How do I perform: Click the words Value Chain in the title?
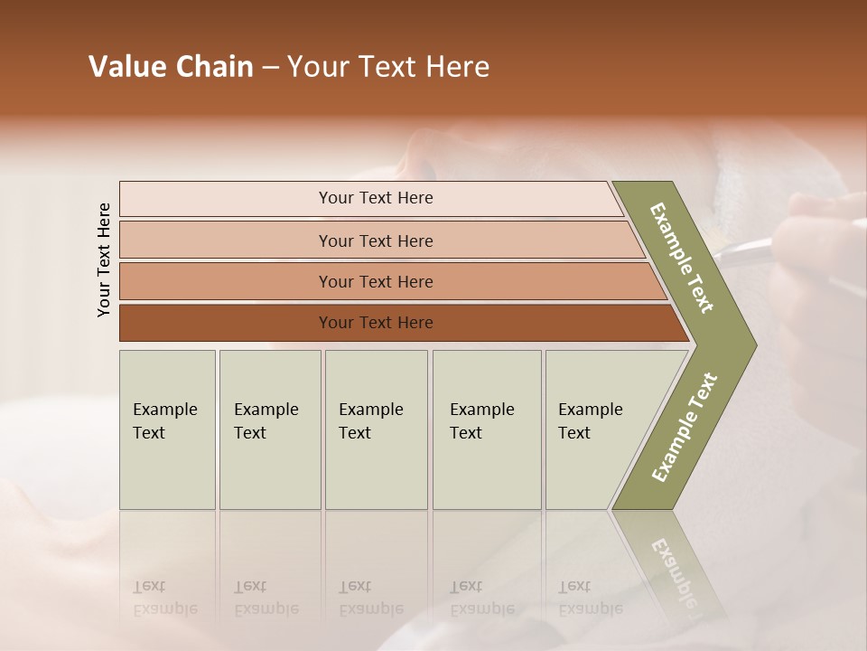[171, 67]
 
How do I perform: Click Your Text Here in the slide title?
[388, 67]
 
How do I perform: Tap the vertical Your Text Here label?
[104, 259]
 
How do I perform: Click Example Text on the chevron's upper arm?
[682, 258]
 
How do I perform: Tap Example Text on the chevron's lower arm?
[684, 428]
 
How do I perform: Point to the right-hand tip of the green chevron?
[751, 345]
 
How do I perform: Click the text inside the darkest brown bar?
[376, 323]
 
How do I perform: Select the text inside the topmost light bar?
[376, 198]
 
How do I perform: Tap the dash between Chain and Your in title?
[270, 68]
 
